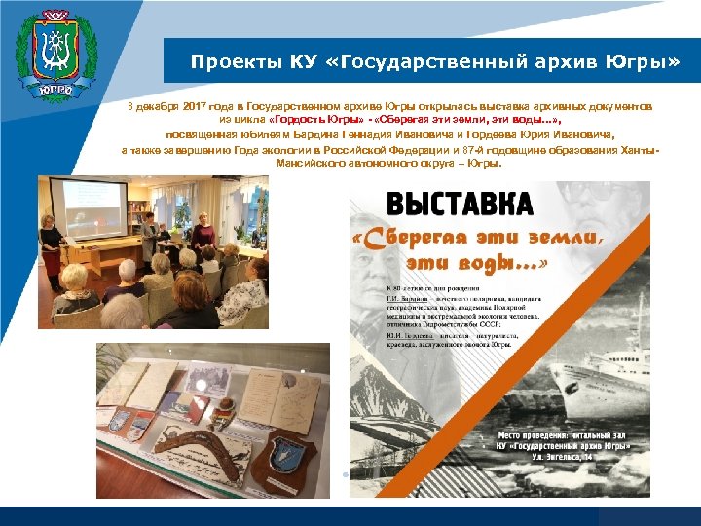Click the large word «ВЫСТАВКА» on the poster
(x=460, y=205)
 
